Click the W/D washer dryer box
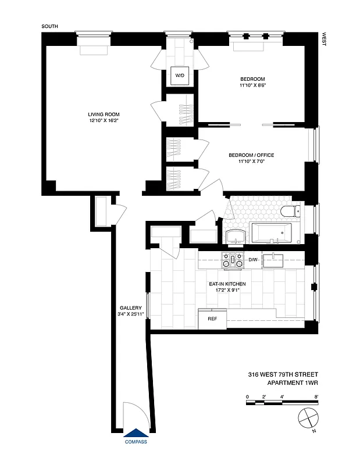(178, 75)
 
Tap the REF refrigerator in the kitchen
(212, 319)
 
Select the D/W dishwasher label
(253, 259)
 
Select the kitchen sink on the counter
(273, 259)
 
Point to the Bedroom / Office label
(251, 155)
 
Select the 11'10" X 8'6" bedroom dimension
(252, 86)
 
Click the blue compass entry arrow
(136, 432)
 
